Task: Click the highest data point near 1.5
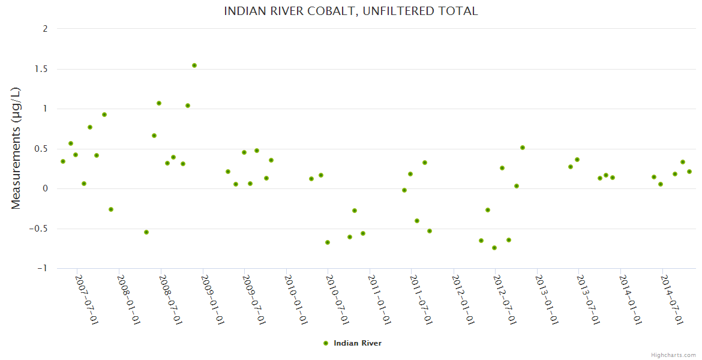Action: (194, 65)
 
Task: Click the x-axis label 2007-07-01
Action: (86, 299)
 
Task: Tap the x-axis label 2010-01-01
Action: (296, 299)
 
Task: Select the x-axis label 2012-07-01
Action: (505, 299)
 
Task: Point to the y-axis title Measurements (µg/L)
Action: (16, 148)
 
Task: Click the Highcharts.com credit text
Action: (673, 355)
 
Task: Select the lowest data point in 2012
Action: (494, 248)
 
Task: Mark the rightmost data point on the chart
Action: (689, 172)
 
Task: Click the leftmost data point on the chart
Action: (63, 161)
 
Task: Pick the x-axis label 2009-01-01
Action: (212, 299)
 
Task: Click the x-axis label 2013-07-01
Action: (589, 299)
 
